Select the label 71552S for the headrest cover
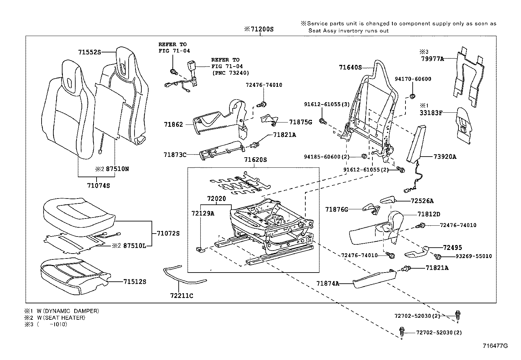(90, 52)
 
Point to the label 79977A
(432, 59)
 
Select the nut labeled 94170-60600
(412, 96)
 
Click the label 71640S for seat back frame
(350, 67)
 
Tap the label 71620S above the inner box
(256, 160)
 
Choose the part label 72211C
(182, 296)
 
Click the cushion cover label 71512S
(135, 281)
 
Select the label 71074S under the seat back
(99, 185)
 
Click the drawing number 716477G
(495, 346)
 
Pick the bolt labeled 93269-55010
(439, 256)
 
